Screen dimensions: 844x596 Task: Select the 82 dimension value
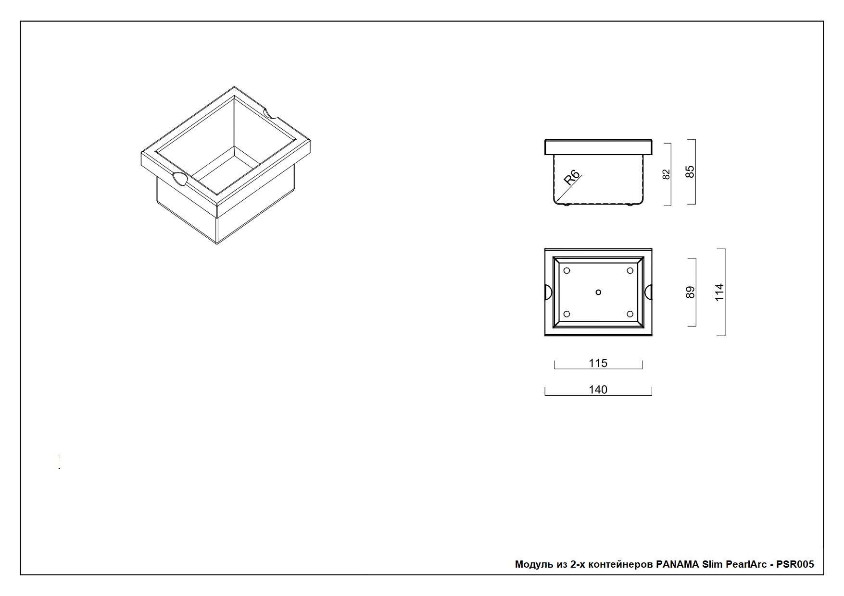point(666,174)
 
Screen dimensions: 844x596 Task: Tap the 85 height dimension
point(690,172)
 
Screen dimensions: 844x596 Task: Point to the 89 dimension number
point(690,292)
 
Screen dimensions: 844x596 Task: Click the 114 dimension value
point(719,292)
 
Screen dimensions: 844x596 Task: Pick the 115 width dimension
point(598,363)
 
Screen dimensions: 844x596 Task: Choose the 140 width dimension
point(598,389)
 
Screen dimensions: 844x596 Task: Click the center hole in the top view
point(598,292)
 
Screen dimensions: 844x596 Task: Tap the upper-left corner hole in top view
point(567,271)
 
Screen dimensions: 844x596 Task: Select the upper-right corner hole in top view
point(630,271)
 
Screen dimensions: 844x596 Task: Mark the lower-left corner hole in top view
point(567,314)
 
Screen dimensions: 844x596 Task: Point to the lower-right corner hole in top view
point(630,314)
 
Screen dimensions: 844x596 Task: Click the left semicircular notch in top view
point(548,292)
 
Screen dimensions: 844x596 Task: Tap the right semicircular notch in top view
point(648,292)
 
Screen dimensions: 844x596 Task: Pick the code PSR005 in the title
point(795,564)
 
